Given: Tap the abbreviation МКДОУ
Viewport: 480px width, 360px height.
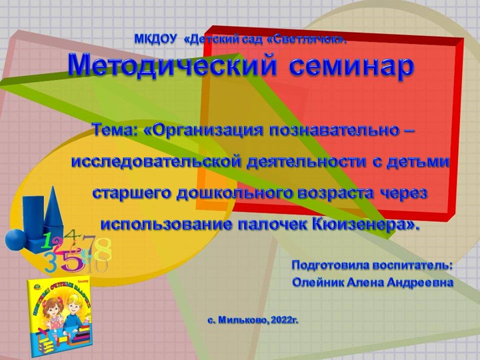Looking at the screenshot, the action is (156, 39).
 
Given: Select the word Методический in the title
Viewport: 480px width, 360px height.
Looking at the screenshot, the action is (172, 66).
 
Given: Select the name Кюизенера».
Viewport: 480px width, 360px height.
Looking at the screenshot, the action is (365, 225).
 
